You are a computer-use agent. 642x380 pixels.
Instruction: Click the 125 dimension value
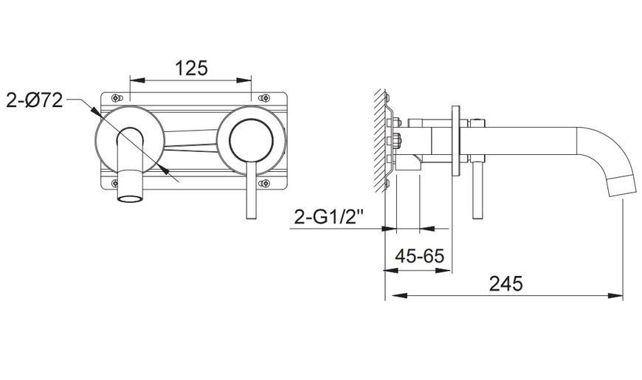[191, 68]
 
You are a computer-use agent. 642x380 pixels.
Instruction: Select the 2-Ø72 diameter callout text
[35, 100]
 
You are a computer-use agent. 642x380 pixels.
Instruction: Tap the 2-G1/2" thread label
[329, 217]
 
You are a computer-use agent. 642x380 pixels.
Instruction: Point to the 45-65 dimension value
[419, 256]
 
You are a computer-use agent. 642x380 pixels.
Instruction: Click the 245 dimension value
[506, 284]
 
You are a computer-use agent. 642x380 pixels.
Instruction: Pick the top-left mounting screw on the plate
[117, 98]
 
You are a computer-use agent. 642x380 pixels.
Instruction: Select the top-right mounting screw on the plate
[264, 98]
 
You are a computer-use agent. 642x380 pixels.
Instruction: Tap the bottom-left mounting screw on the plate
[117, 183]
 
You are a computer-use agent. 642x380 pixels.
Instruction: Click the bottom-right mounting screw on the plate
[264, 183]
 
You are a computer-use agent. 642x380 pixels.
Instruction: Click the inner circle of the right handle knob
[251, 140]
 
